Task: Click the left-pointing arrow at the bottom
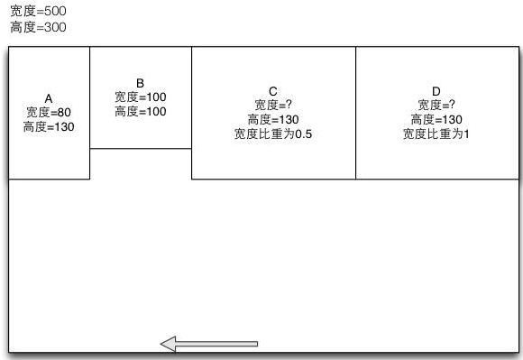point(209,344)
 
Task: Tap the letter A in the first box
point(49,98)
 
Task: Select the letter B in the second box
point(140,83)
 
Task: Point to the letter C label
point(273,91)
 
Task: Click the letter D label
point(436,91)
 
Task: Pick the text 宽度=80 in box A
point(49,113)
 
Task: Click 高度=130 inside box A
point(49,127)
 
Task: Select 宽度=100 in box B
point(140,97)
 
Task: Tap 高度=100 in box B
point(140,112)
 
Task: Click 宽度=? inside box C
point(273,106)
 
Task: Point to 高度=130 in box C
point(273,120)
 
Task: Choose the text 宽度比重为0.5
point(273,134)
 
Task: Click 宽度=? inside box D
point(436,106)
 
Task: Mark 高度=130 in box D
point(436,120)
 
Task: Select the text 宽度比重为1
point(436,134)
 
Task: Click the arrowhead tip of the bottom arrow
point(162,344)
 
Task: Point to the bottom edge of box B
point(141,149)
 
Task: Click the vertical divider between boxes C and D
point(356,113)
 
